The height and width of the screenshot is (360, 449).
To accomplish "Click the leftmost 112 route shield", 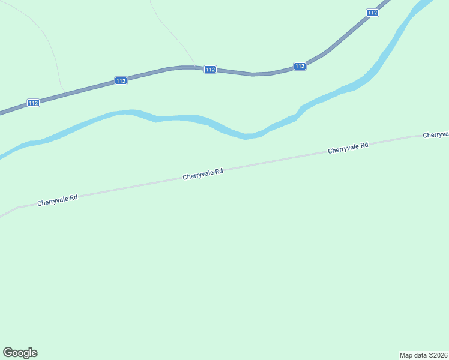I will click(x=33, y=103).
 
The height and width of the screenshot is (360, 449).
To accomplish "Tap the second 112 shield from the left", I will click(x=121, y=80).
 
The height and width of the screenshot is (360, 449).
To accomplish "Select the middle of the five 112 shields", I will click(x=209, y=70).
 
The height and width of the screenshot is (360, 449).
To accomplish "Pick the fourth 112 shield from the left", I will click(x=300, y=66).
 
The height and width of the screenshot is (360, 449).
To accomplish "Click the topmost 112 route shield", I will click(x=372, y=13).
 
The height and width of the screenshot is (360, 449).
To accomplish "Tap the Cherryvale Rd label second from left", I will click(x=203, y=174).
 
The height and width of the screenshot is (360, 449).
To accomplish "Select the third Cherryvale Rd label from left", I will click(x=348, y=148).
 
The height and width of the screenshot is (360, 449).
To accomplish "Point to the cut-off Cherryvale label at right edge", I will click(x=436, y=135).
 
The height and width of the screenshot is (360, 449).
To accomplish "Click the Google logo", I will click(x=20, y=353).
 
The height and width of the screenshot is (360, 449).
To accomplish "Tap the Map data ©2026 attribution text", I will click(x=423, y=355).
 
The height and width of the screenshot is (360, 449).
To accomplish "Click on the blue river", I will click(x=180, y=118).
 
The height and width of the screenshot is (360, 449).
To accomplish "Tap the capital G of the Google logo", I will click(x=8, y=353).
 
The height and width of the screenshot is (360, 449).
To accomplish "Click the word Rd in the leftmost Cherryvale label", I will click(x=73, y=197).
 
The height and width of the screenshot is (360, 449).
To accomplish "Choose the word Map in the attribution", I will click(x=406, y=355).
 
